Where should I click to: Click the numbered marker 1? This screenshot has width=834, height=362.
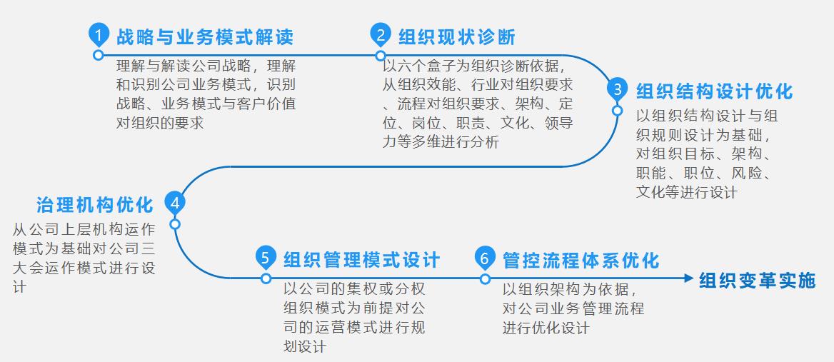[x=98, y=34]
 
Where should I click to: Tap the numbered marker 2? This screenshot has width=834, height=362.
[x=381, y=34]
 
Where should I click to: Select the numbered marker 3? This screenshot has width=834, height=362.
[x=617, y=90]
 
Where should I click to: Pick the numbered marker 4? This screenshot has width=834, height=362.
[x=175, y=202]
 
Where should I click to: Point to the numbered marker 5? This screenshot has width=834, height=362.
[x=266, y=257]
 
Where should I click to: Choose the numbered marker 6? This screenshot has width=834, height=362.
[x=485, y=257]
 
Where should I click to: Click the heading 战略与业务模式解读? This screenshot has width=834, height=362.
[x=205, y=36]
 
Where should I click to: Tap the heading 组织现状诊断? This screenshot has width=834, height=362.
[x=456, y=36]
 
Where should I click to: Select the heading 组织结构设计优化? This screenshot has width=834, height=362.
[x=714, y=92]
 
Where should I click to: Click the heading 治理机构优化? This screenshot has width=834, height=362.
[x=95, y=205]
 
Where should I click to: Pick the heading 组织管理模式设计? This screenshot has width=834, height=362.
[x=361, y=259]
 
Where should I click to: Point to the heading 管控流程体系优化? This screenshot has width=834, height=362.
[x=581, y=259]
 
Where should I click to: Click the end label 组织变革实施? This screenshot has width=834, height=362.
[x=757, y=281]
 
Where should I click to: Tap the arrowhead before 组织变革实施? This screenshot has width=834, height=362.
[x=688, y=278]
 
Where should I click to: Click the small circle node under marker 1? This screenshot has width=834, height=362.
[x=98, y=55]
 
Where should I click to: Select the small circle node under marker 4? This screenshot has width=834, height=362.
[x=175, y=223]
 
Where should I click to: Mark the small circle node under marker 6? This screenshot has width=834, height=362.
[x=485, y=278]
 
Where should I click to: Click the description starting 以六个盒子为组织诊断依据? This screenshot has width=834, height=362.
[x=478, y=104]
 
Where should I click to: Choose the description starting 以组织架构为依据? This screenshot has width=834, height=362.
[x=573, y=308]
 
